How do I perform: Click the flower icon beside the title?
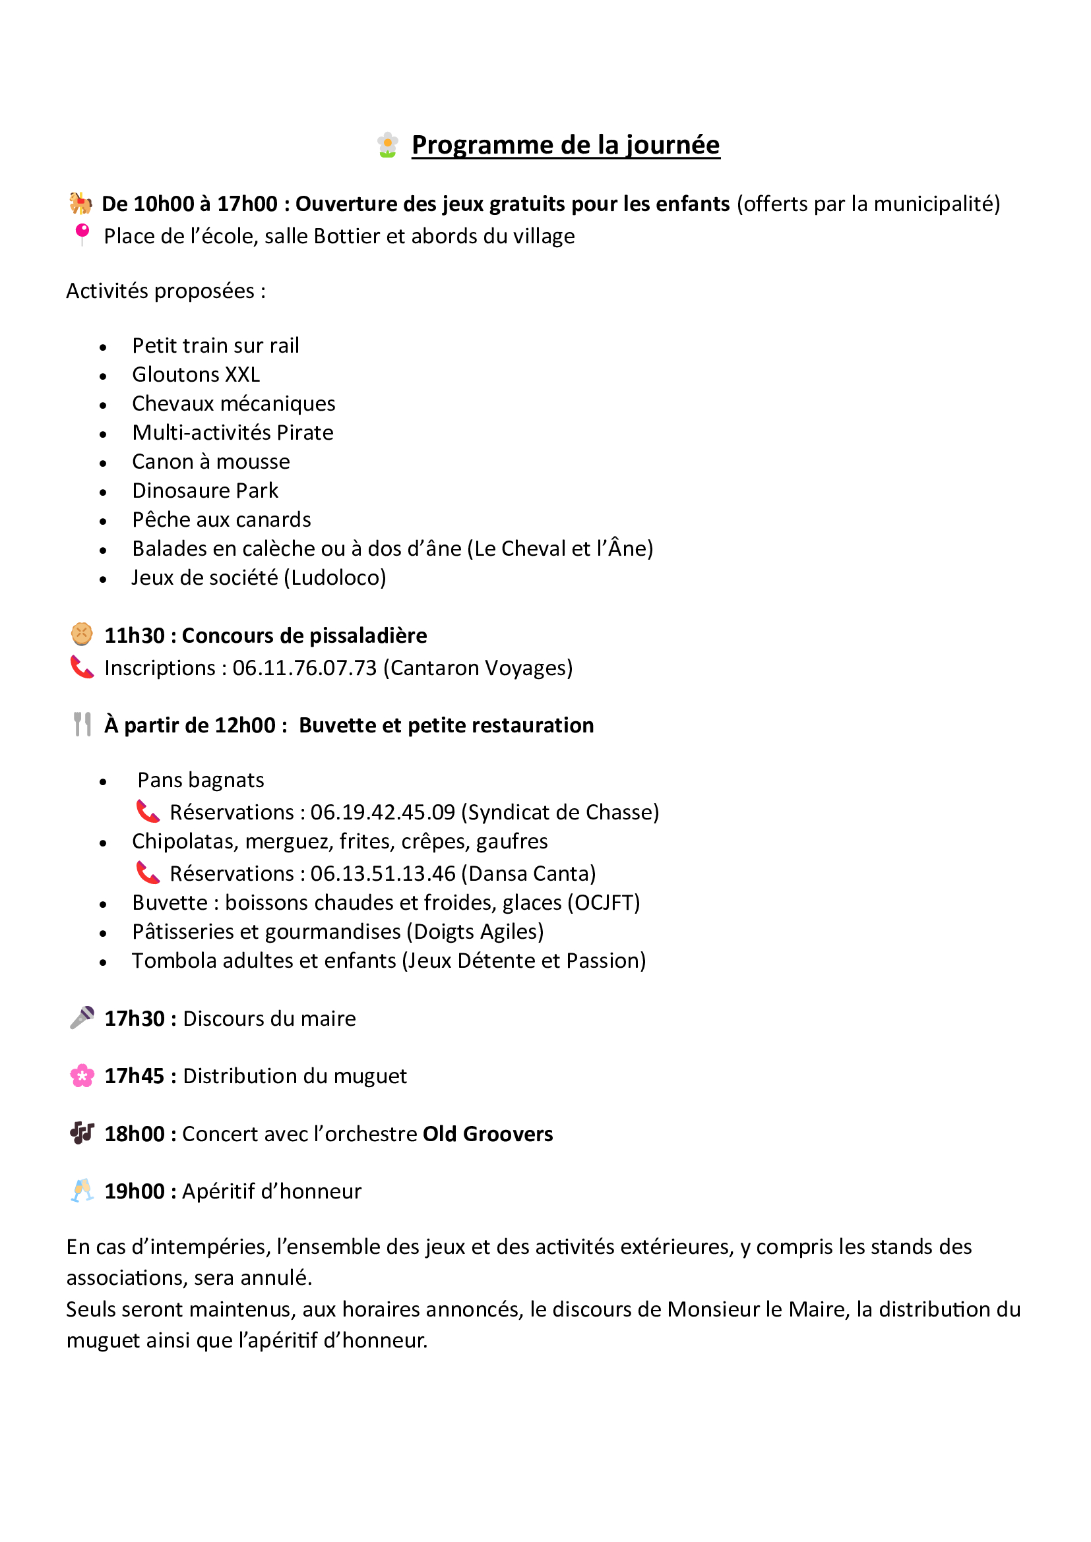click(x=387, y=145)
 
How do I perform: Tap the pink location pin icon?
click(x=82, y=234)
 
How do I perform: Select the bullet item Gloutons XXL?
click(x=195, y=374)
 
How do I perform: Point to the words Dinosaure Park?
click(x=205, y=490)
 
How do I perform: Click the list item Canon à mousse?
click(x=211, y=461)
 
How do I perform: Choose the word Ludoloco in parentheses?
click(x=335, y=578)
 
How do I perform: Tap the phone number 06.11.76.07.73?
click(x=304, y=668)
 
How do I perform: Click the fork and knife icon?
click(x=82, y=724)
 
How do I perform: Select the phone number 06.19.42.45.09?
click(x=383, y=812)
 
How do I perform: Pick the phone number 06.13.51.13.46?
click(x=383, y=873)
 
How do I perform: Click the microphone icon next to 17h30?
click(x=82, y=1017)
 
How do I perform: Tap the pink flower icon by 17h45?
click(x=82, y=1075)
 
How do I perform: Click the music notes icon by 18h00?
click(x=82, y=1133)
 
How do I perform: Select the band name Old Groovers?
click(x=487, y=1134)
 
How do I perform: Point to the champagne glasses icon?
click(x=82, y=1190)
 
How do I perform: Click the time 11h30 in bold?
click(x=135, y=636)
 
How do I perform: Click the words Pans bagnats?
click(x=201, y=780)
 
